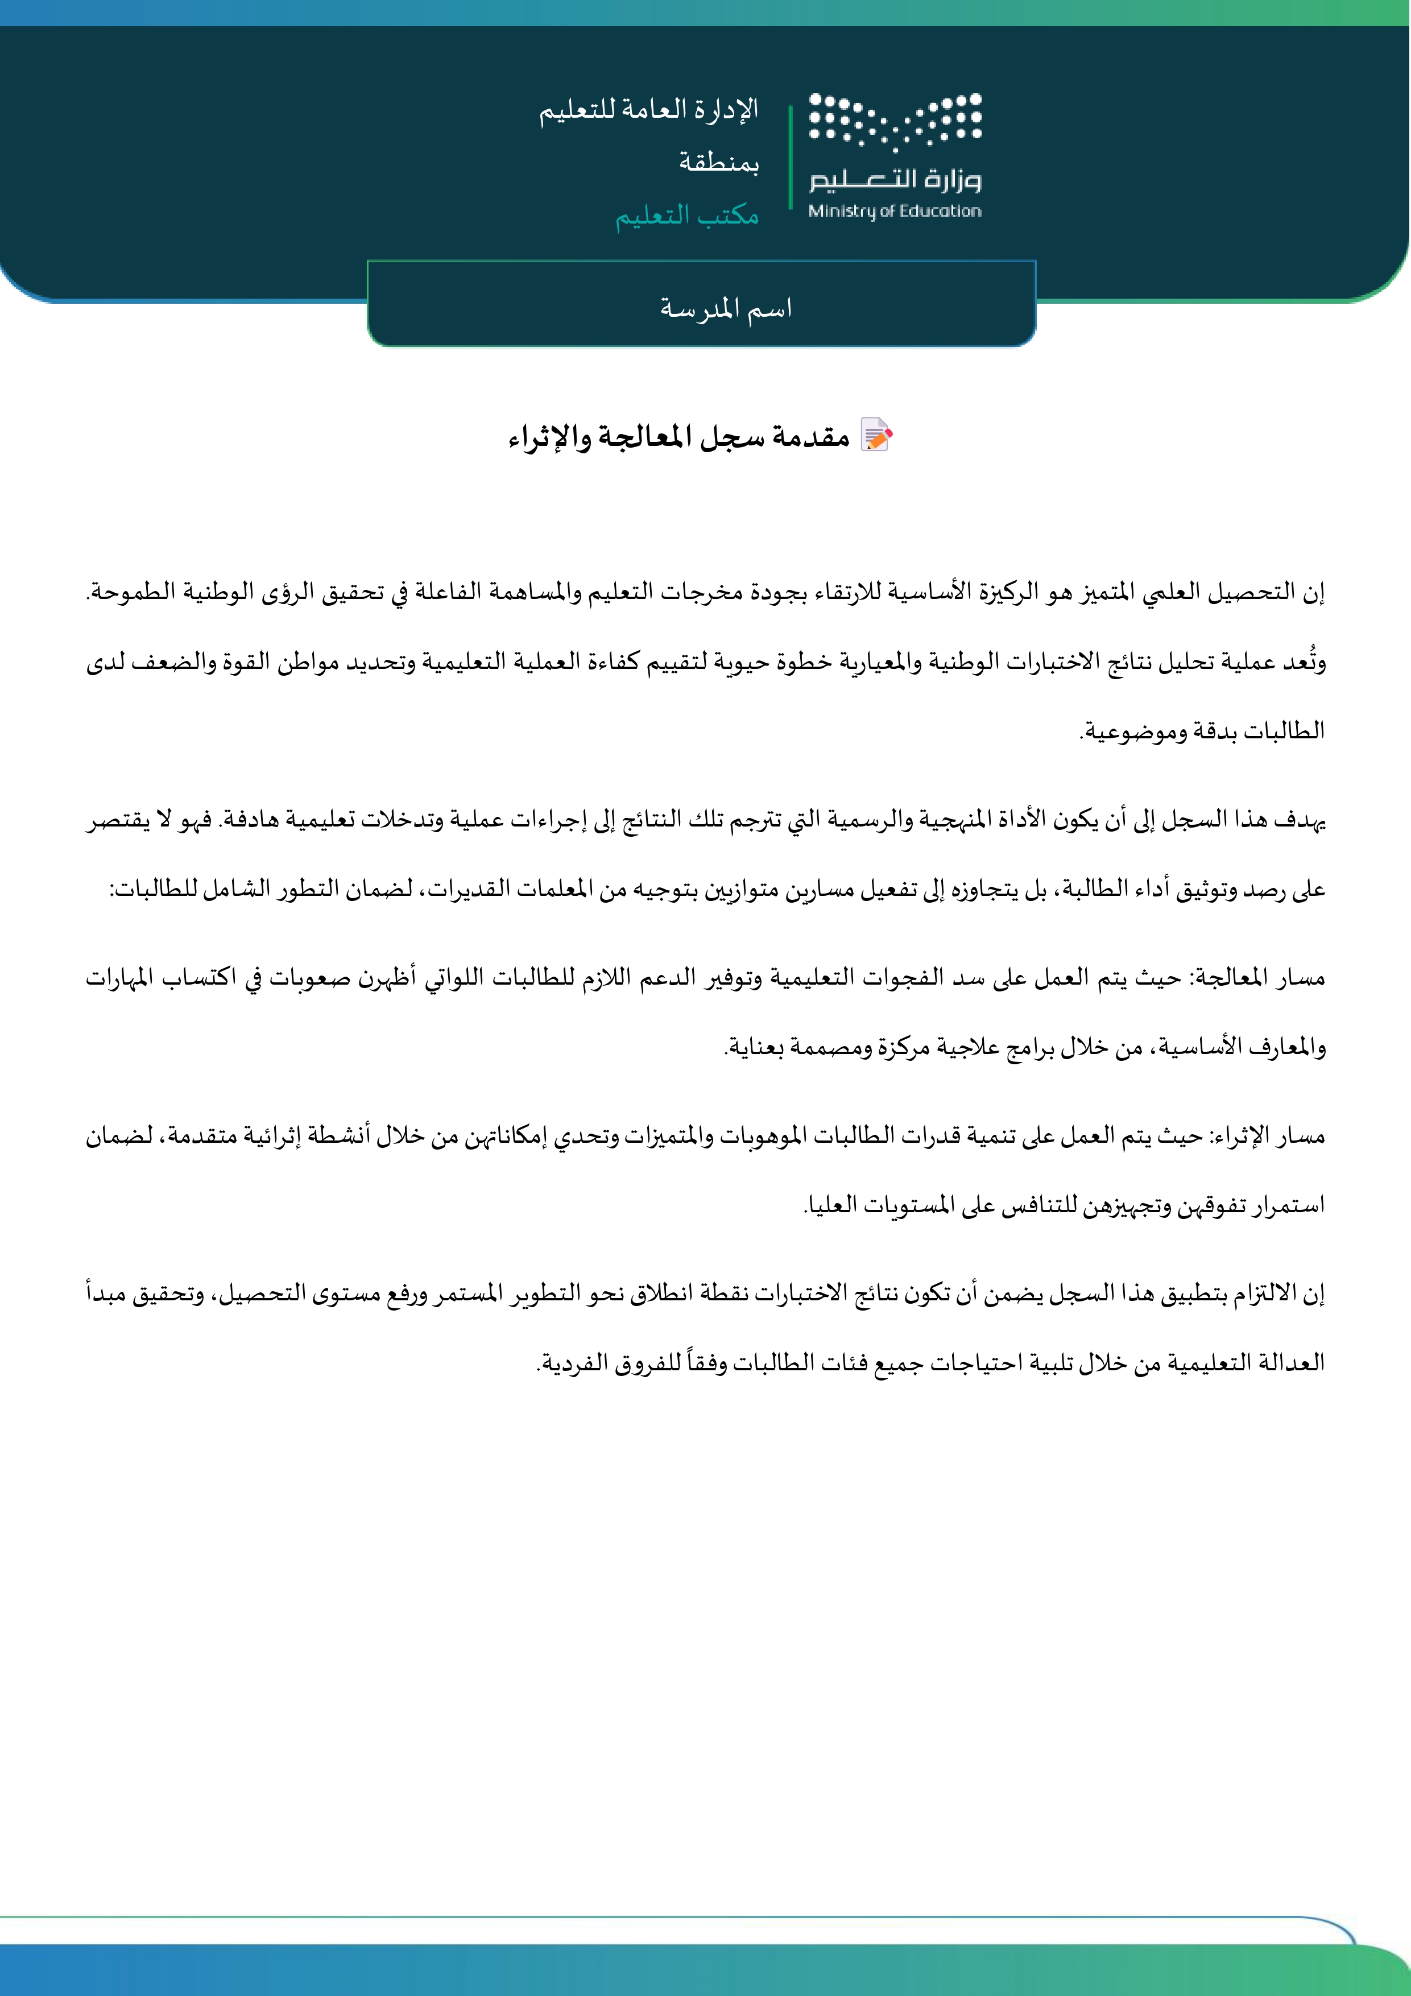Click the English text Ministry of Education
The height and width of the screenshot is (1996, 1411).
[x=895, y=211]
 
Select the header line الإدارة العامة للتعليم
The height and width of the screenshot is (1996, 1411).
[x=648, y=110]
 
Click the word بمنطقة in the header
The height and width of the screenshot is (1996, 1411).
[x=719, y=163]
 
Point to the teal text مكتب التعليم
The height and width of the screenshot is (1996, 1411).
[x=687, y=214]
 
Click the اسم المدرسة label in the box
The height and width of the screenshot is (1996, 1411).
[x=726, y=308]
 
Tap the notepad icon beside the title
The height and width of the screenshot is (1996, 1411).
[x=876, y=435]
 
